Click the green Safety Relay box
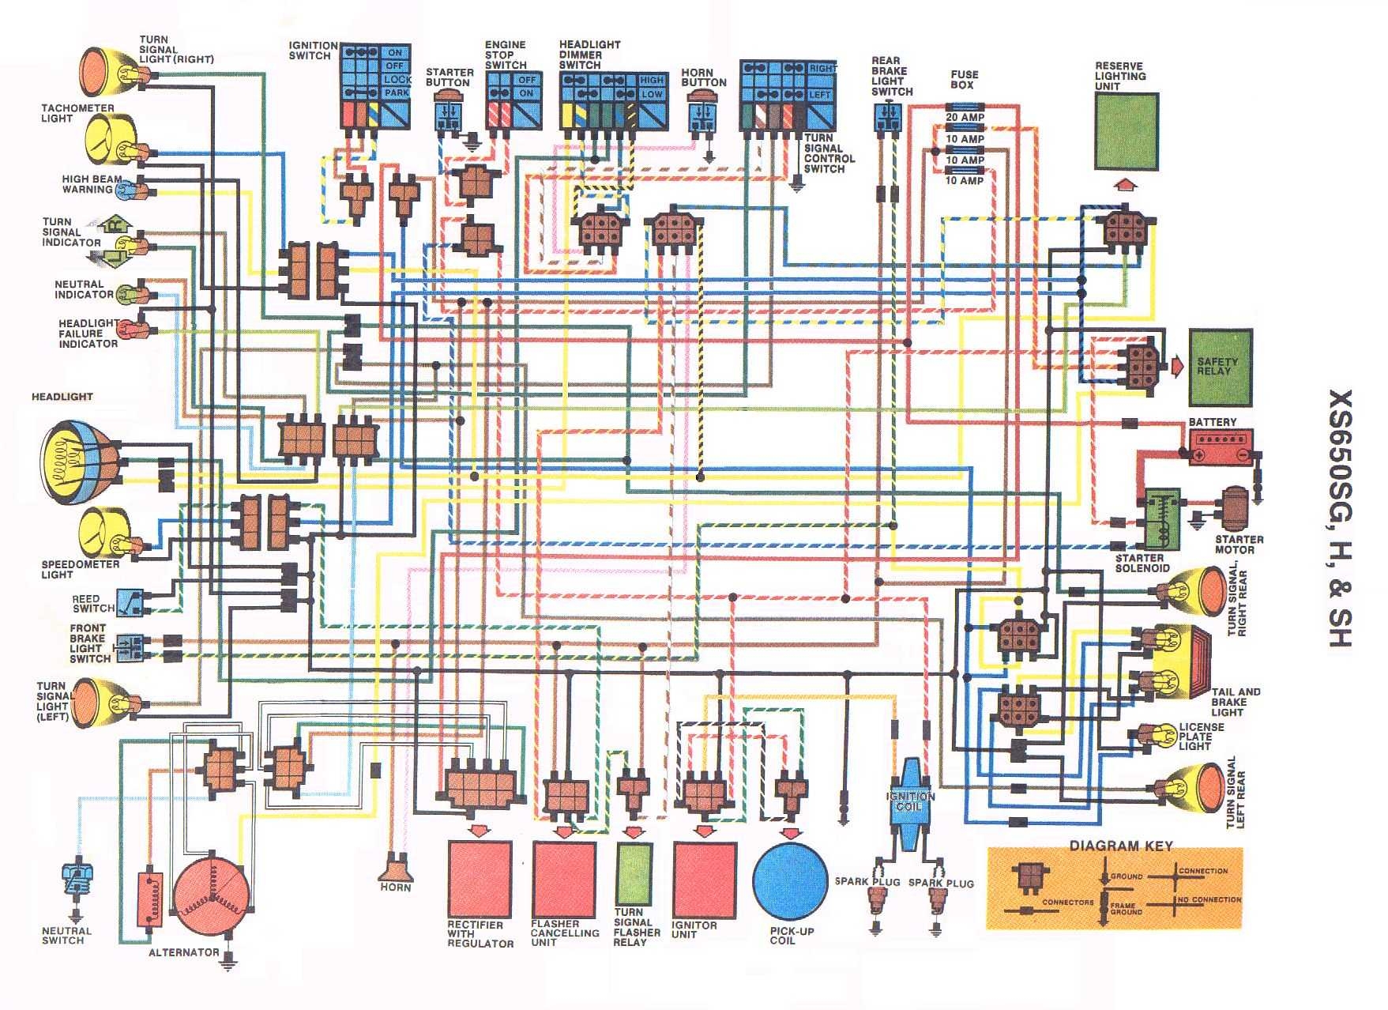point(1220,367)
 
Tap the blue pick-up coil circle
point(790,880)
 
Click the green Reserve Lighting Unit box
point(1127,131)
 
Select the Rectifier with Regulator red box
point(480,879)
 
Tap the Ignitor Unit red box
point(704,879)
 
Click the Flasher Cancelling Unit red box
point(564,879)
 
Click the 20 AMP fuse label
point(965,117)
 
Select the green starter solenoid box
point(1160,518)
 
